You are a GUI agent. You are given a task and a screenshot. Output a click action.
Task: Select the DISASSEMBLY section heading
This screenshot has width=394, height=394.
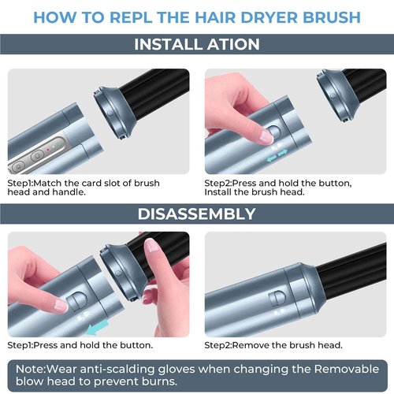coord(196,214)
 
